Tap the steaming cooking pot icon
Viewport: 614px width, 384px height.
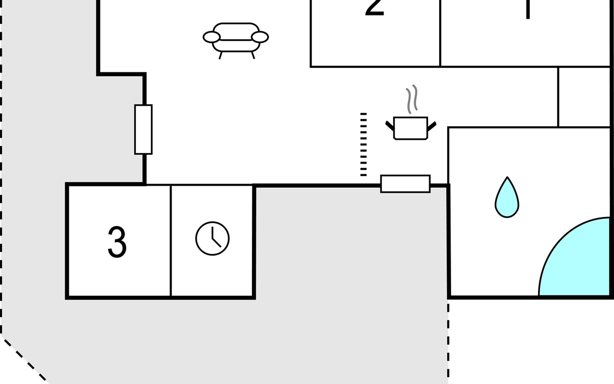[x=411, y=128]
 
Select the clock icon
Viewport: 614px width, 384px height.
[x=212, y=238]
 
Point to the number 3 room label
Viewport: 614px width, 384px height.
[x=117, y=242]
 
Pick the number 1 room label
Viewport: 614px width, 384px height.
[x=528, y=8]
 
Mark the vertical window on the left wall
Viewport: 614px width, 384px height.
[x=143, y=129]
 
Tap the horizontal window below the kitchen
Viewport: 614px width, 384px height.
[x=405, y=184]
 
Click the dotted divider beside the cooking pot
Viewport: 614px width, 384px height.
[x=363, y=144]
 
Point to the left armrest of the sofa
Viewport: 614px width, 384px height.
[x=211, y=37]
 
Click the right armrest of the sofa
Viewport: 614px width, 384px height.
[x=260, y=37]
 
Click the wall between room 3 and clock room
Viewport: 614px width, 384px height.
[x=171, y=242]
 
